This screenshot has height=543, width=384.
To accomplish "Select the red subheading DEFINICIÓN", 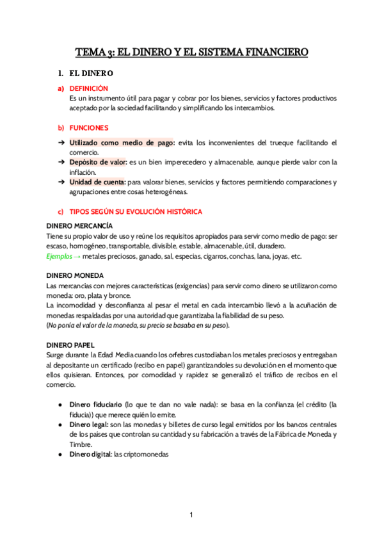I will coord(88,88).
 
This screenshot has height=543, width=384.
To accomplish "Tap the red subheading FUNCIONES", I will coord(88,128).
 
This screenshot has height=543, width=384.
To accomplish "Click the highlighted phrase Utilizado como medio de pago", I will coord(120,143).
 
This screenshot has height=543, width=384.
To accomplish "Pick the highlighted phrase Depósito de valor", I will coord(98,162).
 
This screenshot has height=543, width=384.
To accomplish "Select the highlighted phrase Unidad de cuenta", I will coord(97,182).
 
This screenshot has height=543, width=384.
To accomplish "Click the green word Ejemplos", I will coord(59,256).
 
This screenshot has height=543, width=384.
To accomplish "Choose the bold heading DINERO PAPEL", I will coord(71,344).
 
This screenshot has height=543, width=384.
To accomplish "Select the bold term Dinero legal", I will coord(88,425).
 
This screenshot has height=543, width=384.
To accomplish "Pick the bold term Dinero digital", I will coord(90,454).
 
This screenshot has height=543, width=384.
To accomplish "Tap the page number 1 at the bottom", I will coord(191,515).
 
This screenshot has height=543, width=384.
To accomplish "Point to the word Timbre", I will coord(81,444).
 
